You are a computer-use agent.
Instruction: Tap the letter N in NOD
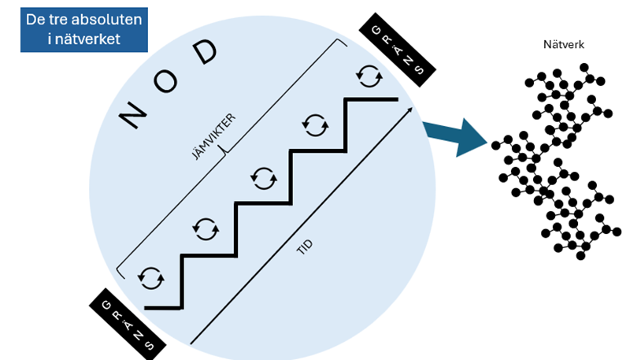point(132,116)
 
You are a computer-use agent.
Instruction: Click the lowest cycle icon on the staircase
point(150,276)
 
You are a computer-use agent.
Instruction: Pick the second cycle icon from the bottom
point(206,228)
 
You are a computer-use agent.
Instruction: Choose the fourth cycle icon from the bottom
point(315,124)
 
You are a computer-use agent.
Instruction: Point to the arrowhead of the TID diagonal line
point(410,111)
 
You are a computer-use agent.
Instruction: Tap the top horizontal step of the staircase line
point(372,99)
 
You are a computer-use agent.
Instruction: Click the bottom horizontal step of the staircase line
point(164,307)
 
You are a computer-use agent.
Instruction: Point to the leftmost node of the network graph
point(496,145)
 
